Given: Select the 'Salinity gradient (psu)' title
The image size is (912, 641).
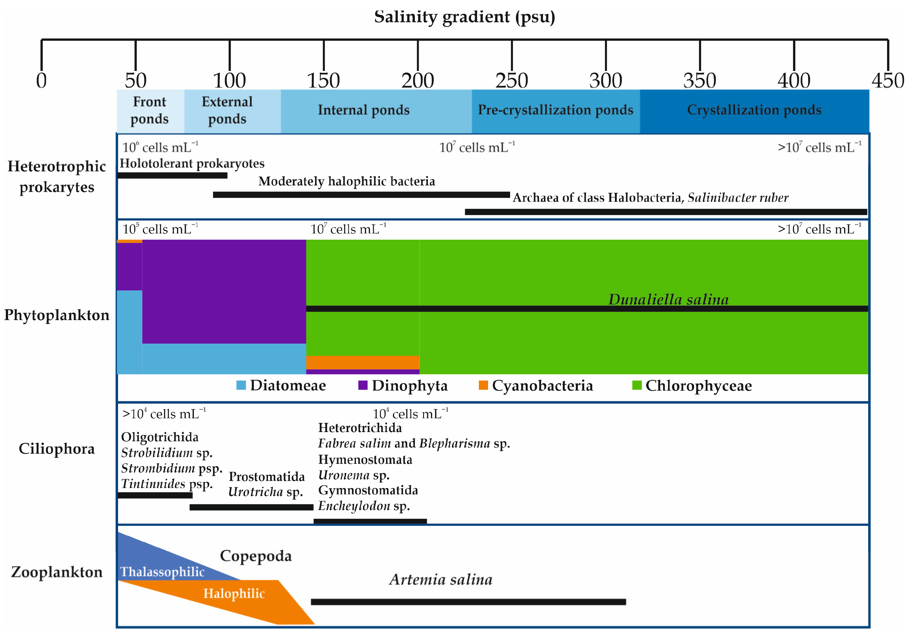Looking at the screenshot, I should (464, 17).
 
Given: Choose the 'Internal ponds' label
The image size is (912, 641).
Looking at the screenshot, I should (364, 110).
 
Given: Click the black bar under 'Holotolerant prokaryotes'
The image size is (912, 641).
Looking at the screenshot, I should (172, 175).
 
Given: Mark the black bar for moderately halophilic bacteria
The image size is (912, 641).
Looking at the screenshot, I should (361, 195).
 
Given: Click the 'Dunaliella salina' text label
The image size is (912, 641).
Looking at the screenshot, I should (668, 299).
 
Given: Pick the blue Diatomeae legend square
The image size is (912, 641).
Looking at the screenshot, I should (241, 385).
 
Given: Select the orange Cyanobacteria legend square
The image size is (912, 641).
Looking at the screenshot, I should (483, 385).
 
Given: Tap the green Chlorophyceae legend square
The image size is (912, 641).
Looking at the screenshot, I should (636, 385).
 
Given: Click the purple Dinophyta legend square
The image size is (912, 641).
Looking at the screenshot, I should (363, 385).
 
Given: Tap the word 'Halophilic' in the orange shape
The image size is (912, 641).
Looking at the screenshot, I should (234, 593).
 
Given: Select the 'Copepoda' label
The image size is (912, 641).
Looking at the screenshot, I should (256, 556).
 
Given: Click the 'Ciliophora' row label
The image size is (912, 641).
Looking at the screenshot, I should (57, 449).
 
